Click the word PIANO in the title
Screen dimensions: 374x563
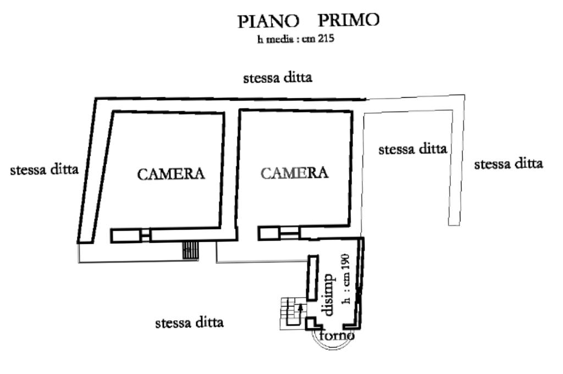(x=268, y=21)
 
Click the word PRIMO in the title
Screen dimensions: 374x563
(x=349, y=20)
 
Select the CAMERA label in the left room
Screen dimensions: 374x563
(x=171, y=174)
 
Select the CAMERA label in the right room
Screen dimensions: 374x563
(x=294, y=173)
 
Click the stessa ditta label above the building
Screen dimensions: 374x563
(x=278, y=77)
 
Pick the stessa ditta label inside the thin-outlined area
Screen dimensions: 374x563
(x=412, y=149)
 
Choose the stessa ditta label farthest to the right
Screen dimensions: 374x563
(x=509, y=163)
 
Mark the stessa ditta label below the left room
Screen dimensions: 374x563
(x=190, y=322)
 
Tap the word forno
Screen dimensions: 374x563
(x=336, y=334)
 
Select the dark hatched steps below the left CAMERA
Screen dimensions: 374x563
(x=190, y=250)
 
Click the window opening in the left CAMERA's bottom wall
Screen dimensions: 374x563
(x=145, y=236)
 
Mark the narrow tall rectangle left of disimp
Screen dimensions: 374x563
(x=313, y=276)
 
